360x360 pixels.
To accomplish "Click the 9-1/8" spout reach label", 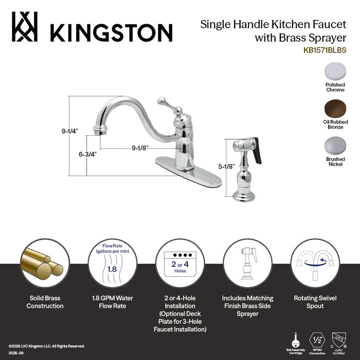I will coord(140,148).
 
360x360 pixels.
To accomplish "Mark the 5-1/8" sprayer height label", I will coord(226,167).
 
